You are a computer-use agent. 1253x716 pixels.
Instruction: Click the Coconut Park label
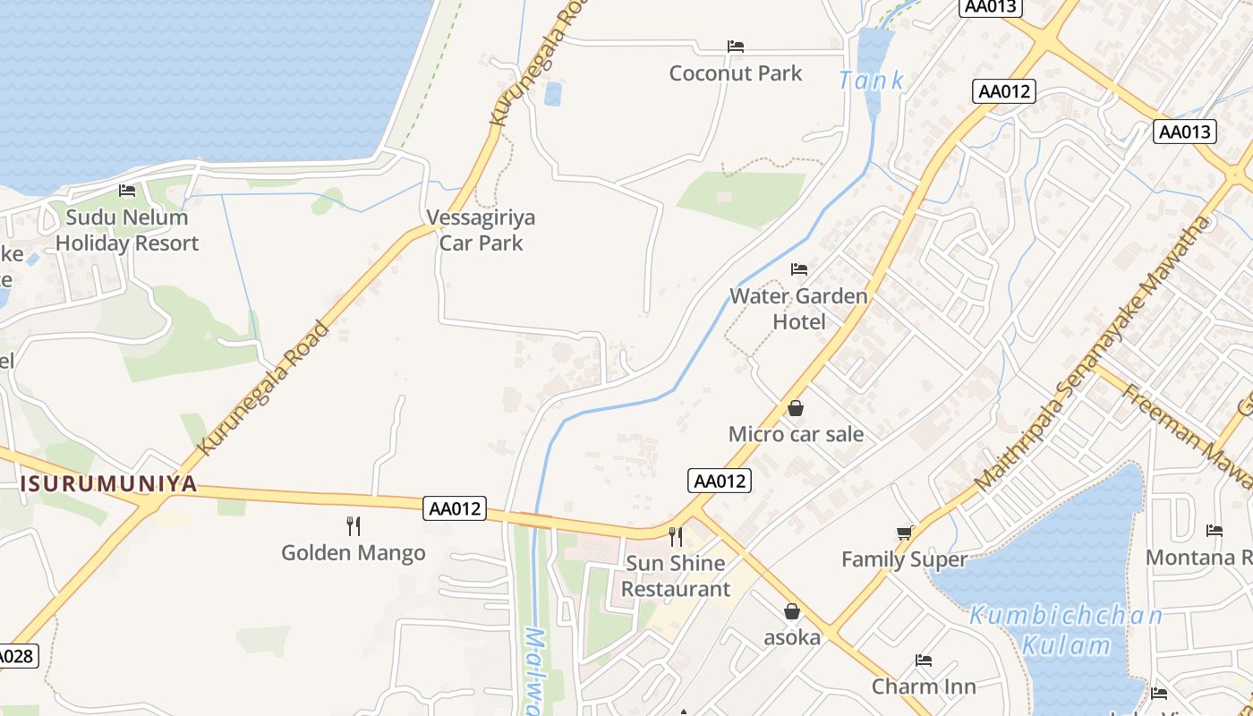[736, 73]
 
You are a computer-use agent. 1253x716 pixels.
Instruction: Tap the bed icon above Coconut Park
[736, 47]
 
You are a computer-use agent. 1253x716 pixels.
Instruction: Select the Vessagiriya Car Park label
[481, 230]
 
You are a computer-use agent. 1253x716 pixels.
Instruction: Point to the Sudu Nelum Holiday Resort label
[126, 230]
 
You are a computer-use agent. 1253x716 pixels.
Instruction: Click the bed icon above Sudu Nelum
[127, 191]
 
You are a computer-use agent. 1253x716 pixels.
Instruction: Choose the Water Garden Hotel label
[798, 309]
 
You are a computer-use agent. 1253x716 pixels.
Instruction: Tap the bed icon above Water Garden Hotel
[799, 269]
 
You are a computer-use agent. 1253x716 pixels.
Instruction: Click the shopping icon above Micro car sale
[796, 409]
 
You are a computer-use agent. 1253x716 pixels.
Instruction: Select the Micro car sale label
[796, 435]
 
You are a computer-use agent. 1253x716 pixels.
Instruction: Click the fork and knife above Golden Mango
[354, 526]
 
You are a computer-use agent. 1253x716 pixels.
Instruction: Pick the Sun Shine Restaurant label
[676, 576]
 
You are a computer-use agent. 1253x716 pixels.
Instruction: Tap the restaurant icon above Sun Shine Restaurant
[676, 537]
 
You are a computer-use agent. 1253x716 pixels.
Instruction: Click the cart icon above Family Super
[905, 533]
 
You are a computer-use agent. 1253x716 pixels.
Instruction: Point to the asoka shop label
[792, 637]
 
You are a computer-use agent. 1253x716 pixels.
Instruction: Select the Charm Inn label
[924, 686]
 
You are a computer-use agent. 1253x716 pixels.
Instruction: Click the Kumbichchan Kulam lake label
[1066, 630]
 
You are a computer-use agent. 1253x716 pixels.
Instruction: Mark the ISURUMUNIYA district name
[109, 484]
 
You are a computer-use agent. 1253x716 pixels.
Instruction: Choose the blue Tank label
[871, 81]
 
